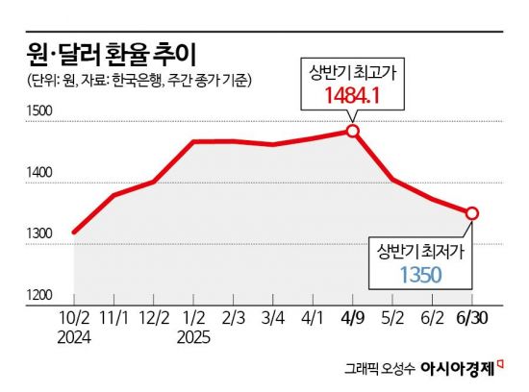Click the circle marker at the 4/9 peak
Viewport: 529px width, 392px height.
[352, 130]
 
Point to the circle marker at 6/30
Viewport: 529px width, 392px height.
[472, 213]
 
